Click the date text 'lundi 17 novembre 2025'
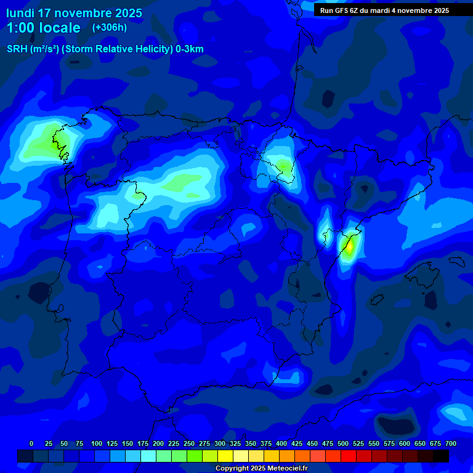pos(74,13)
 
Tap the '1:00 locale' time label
pos(43,28)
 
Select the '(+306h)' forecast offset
pos(109,27)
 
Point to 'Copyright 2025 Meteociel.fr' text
pos(261,469)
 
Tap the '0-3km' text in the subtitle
pos(190,49)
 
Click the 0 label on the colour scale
pos(31,443)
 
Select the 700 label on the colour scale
pos(450,443)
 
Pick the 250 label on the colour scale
pos(174,443)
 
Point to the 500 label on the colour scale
pos(312,443)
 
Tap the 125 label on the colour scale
pos(112,443)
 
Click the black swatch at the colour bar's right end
pos(441,456)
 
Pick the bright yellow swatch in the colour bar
pos(225,456)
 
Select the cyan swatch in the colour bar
pos(148,456)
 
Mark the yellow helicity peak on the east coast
pos(349,246)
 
